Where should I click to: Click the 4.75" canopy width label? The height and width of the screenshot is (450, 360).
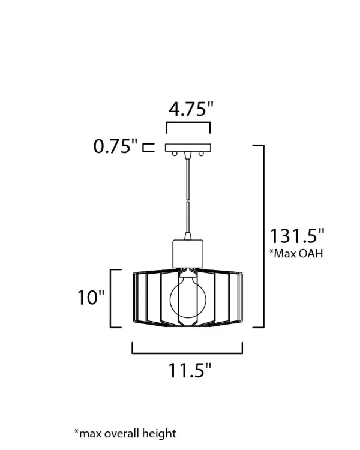(x=191, y=109)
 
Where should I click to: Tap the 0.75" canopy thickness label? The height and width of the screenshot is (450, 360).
(x=116, y=146)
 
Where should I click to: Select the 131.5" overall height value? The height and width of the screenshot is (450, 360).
(x=297, y=236)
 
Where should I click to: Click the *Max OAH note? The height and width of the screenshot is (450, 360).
(x=296, y=253)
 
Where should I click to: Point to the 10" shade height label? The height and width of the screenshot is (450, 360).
(x=91, y=297)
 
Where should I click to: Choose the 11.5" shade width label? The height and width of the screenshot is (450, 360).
(x=190, y=370)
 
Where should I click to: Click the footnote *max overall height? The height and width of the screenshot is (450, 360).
(x=125, y=433)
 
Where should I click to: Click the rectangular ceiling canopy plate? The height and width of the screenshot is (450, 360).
(x=188, y=148)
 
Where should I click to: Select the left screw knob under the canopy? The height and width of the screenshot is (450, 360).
(x=174, y=154)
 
